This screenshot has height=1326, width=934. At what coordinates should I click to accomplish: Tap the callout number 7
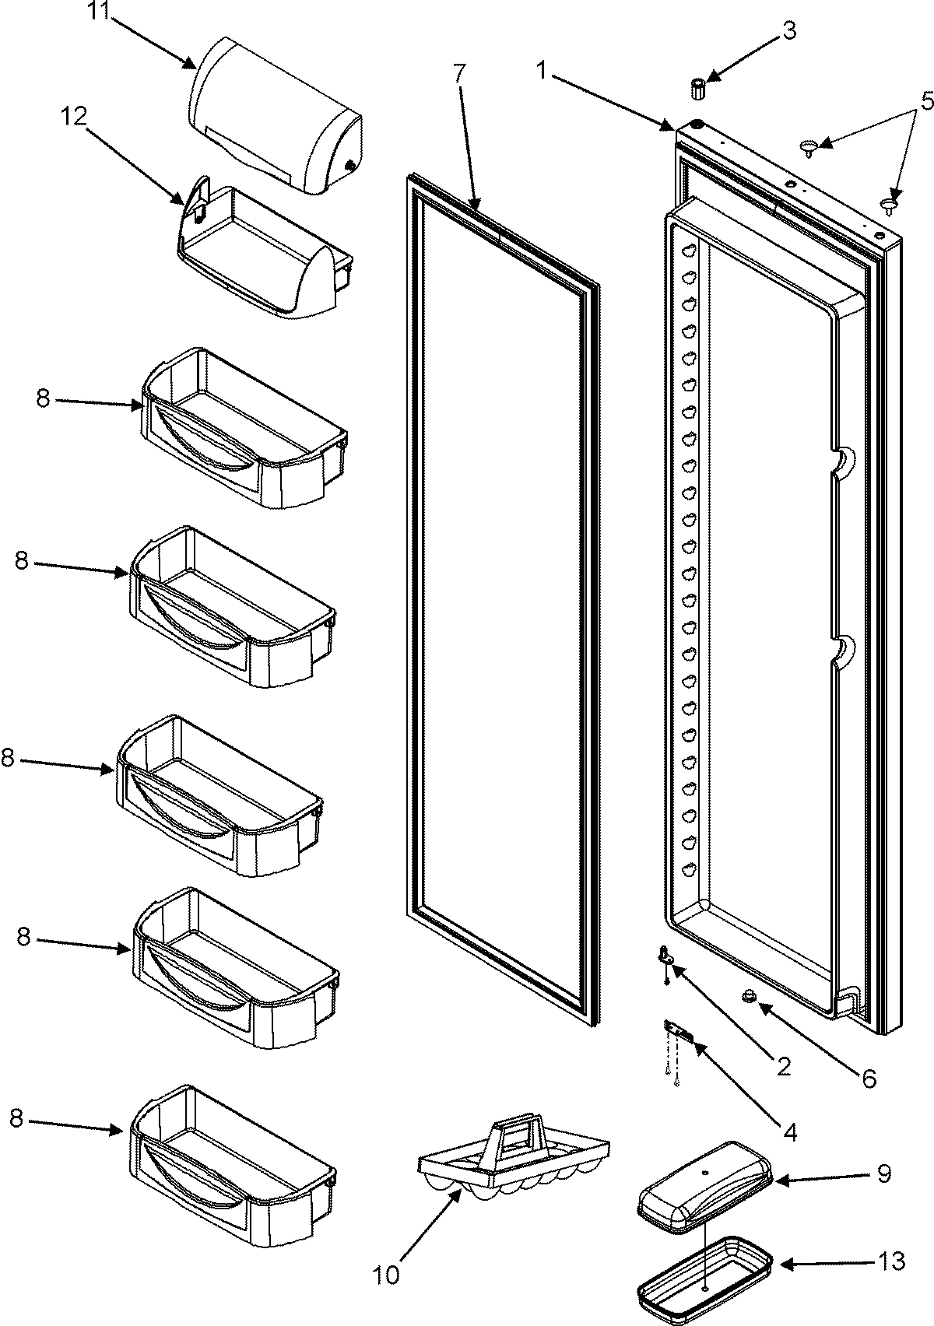pyautogui.click(x=459, y=75)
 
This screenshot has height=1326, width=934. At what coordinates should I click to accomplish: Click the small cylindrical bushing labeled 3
pyautogui.click(x=698, y=87)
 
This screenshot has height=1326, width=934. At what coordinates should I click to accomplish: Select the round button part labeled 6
pyautogui.click(x=750, y=997)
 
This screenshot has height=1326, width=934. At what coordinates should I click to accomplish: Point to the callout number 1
pyautogui.click(x=542, y=71)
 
